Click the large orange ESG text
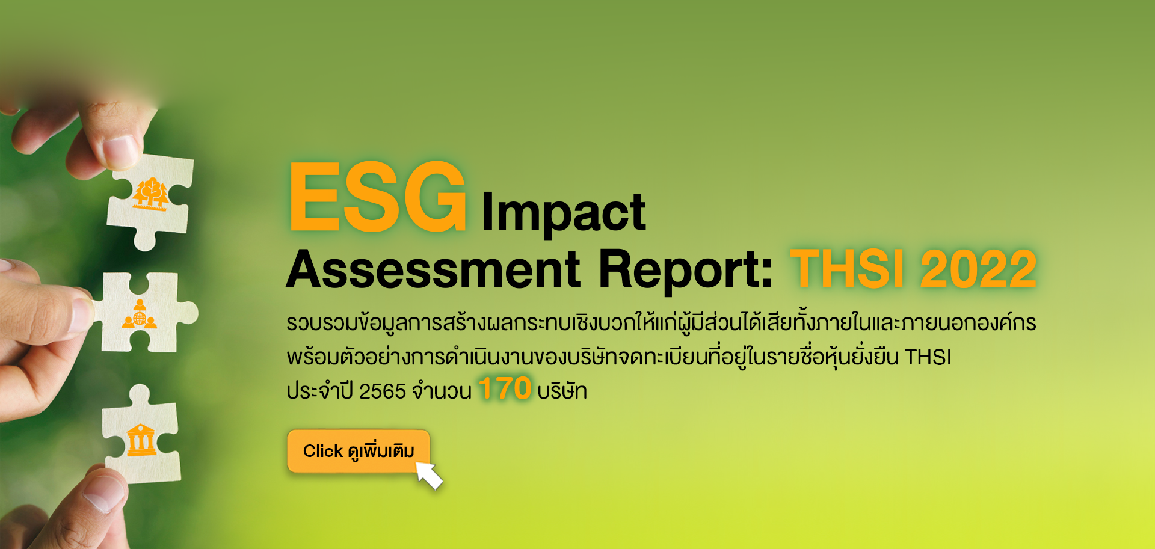tap(378, 197)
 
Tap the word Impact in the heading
tap(564, 213)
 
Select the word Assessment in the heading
tap(434, 269)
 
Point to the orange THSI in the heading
tap(847, 269)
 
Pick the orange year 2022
tap(978, 269)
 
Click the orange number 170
tap(505, 388)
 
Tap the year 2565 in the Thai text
tap(383, 391)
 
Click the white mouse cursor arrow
tap(430, 475)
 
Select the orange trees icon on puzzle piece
tap(150, 194)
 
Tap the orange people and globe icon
tap(140, 314)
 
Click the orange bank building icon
tap(141, 440)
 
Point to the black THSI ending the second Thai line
tap(928, 357)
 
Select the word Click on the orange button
tap(323, 451)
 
